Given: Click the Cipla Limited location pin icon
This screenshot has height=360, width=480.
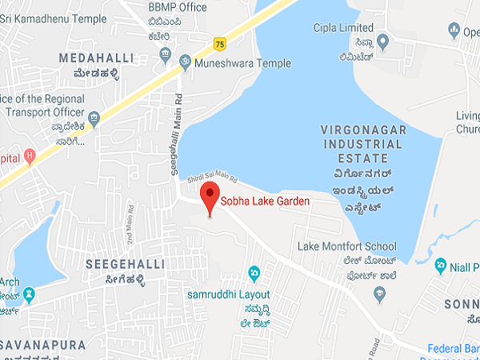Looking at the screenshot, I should pos(383,40).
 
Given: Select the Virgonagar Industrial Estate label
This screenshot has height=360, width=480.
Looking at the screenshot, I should pos(364,143).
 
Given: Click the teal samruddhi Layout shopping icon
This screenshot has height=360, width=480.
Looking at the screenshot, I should pos(254,274).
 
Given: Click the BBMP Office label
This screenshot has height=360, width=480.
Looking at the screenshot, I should pos(178,7).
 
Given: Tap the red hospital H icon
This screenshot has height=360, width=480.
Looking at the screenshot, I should pos(30,154).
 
